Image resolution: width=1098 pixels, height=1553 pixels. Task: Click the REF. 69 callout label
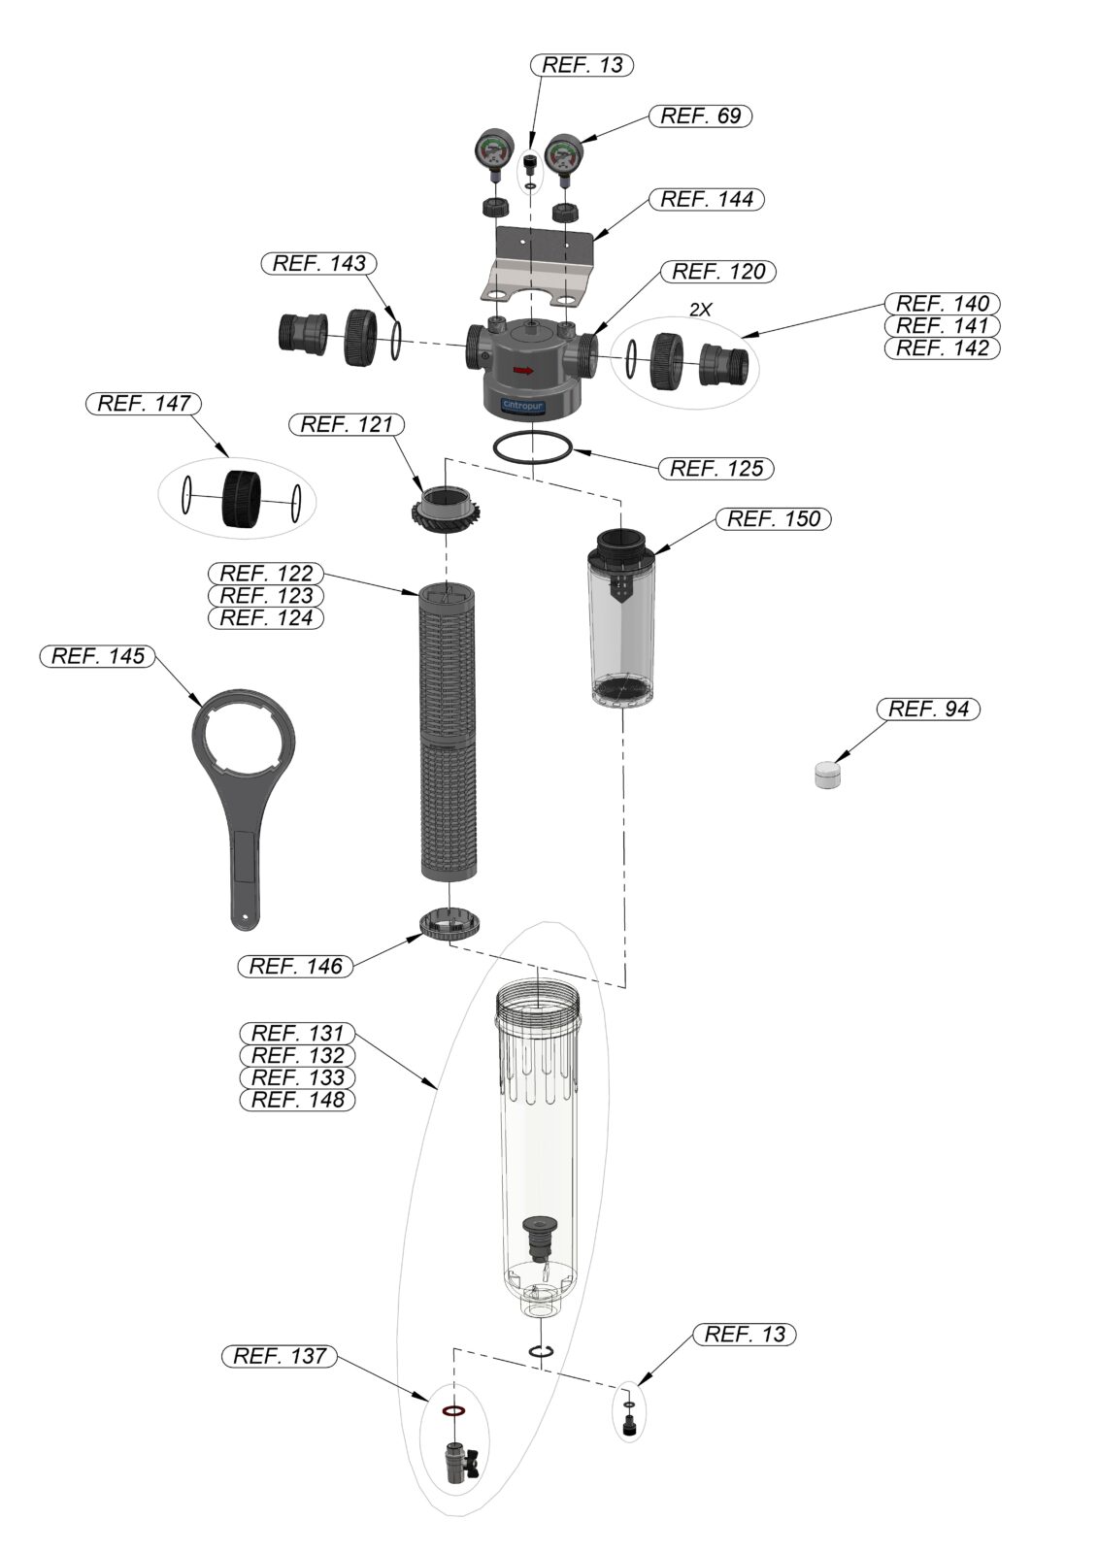[700, 116]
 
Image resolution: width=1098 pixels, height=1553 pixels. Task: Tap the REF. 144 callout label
[707, 200]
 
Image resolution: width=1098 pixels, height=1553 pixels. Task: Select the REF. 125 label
[716, 469]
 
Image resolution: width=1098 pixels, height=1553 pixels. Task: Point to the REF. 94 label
[928, 710]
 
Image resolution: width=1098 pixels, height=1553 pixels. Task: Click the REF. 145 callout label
[97, 656]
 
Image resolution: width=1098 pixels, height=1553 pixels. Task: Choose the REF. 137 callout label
[280, 1356]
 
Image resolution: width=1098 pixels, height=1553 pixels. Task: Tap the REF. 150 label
[774, 519]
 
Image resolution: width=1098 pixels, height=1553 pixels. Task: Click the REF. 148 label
[297, 1100]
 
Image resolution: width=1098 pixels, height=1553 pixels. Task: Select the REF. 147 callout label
[144, 404]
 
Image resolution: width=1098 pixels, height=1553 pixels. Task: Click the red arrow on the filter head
[523, 370]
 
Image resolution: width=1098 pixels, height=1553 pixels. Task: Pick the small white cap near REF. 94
[828, 775]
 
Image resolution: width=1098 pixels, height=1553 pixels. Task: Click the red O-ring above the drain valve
[453, 1410]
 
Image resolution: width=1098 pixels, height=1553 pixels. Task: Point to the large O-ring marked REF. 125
[533, 447]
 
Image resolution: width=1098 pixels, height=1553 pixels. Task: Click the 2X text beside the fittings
[700, 310]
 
